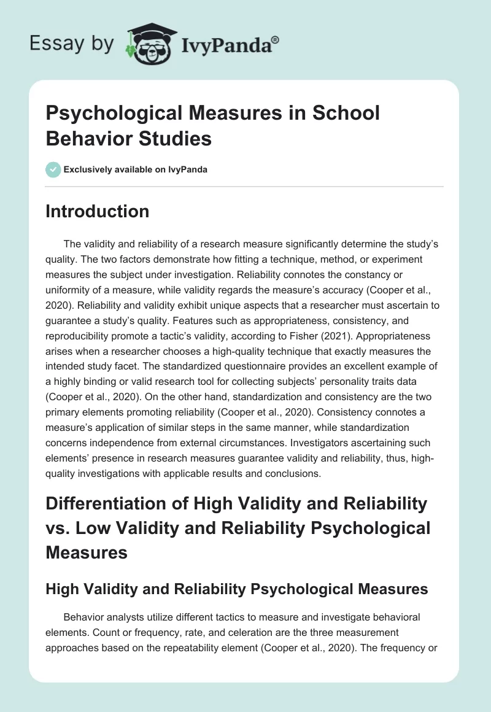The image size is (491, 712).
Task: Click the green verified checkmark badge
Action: click(53, 169)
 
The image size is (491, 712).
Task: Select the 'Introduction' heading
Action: click(98, 212)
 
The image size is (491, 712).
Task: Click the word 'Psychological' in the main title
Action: click(107, 114)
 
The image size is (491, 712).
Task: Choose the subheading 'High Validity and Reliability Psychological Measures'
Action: click(237, 590)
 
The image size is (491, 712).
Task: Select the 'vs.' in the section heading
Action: click(58, 528)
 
